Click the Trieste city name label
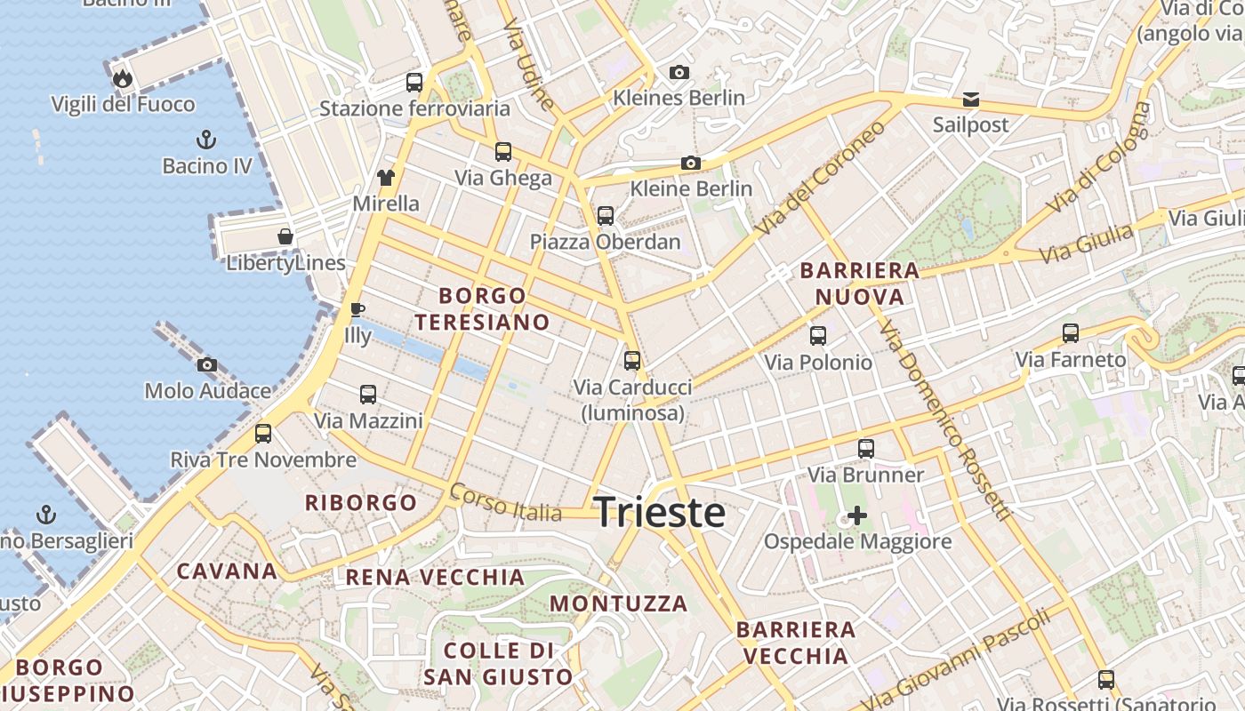click(659, 513)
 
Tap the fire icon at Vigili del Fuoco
click(123, 79)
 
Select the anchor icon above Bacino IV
click(206, 140)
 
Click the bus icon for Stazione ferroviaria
click(414, 83)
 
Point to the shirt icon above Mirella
click(385, 177)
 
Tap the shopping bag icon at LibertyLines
click(285, 236)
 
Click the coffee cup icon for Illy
click(357, 309)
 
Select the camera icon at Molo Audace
click(207, 364)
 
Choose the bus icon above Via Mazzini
click(368, 395)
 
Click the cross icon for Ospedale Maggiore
click(857, 515)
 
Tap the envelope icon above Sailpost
click(971, 99)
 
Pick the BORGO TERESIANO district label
click(483, 308)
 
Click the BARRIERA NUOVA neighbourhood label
click(860, 284)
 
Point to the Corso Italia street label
click(506, 503)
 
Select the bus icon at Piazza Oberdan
click(606, 215)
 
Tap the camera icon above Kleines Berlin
click(679, 72)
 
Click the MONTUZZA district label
click(619, 603)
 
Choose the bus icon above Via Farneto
click(1071, 334)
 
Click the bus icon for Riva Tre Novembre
click(263, 434)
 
